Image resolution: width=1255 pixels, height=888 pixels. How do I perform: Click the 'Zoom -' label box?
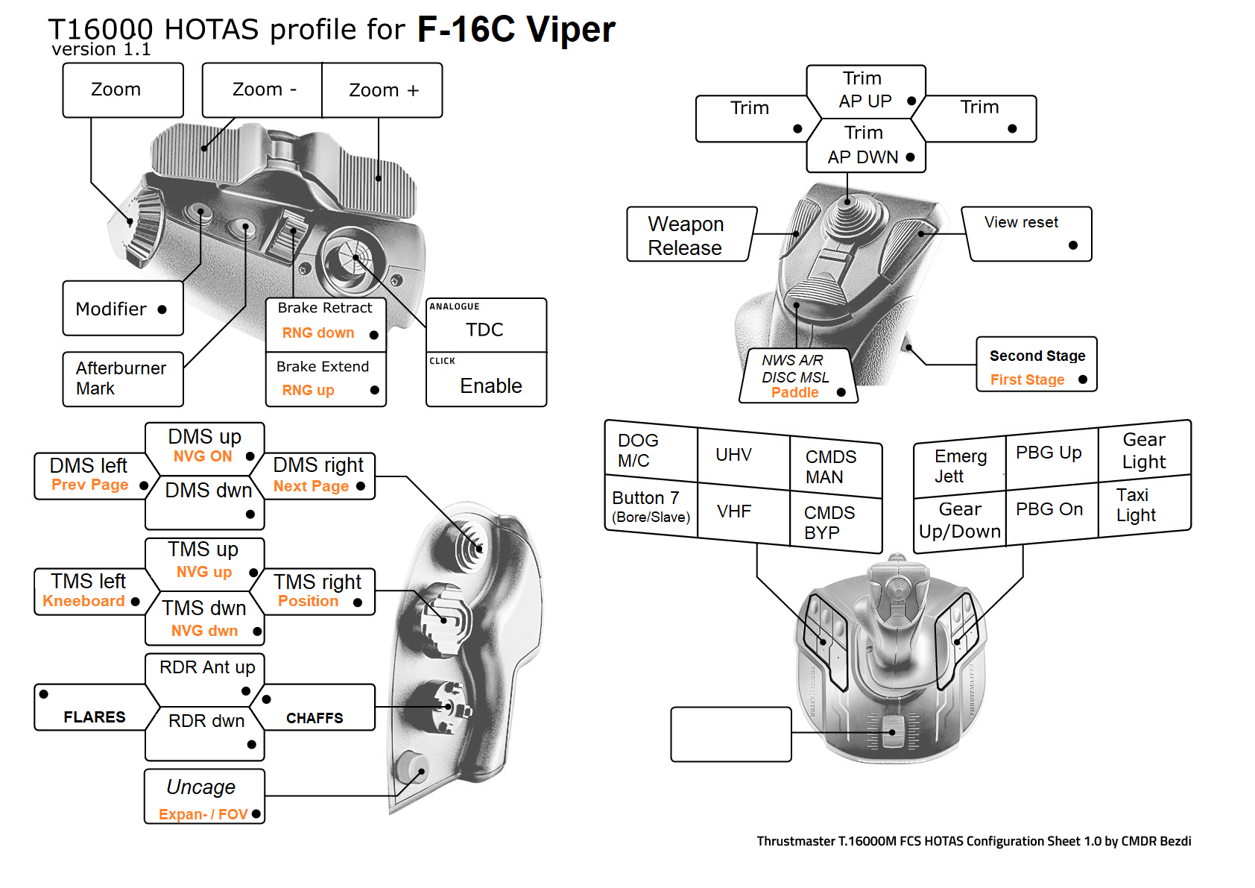pos(263,90)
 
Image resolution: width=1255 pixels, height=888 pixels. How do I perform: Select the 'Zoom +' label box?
pos(383,90)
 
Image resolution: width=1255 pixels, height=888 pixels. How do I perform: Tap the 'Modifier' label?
pos(112,309)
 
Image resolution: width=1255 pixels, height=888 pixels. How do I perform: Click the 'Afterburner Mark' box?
pos(121,378)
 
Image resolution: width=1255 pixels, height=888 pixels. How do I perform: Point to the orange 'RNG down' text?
pos(318,333)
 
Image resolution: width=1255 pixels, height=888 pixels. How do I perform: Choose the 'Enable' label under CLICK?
pos(490,385)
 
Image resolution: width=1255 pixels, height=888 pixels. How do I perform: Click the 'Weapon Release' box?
pos(686,236)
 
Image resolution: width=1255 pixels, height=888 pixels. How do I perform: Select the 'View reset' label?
pos(1020,222)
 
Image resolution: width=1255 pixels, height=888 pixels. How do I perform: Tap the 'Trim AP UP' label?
pos(864,90)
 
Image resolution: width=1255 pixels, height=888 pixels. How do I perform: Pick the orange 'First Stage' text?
pos(1027,380)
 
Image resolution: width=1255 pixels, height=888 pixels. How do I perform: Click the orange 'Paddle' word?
pos(794,392)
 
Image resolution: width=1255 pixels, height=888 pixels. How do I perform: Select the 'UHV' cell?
pos(733,455)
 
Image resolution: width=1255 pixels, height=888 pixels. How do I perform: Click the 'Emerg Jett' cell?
pos(960,466)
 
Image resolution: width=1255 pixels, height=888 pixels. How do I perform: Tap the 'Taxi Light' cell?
pos(1136,505)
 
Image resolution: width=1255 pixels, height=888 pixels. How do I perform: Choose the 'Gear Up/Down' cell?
pos(960,520)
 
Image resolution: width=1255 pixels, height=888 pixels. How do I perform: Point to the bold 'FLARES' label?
pos(95,717)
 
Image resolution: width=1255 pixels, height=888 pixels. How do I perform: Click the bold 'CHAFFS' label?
pos(314,718)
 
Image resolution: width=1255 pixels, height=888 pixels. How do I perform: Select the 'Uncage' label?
pos(200,787)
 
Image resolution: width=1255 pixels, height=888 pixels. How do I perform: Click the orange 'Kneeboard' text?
pos(83,601)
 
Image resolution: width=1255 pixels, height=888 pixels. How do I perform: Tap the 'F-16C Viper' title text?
pos(516,30)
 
